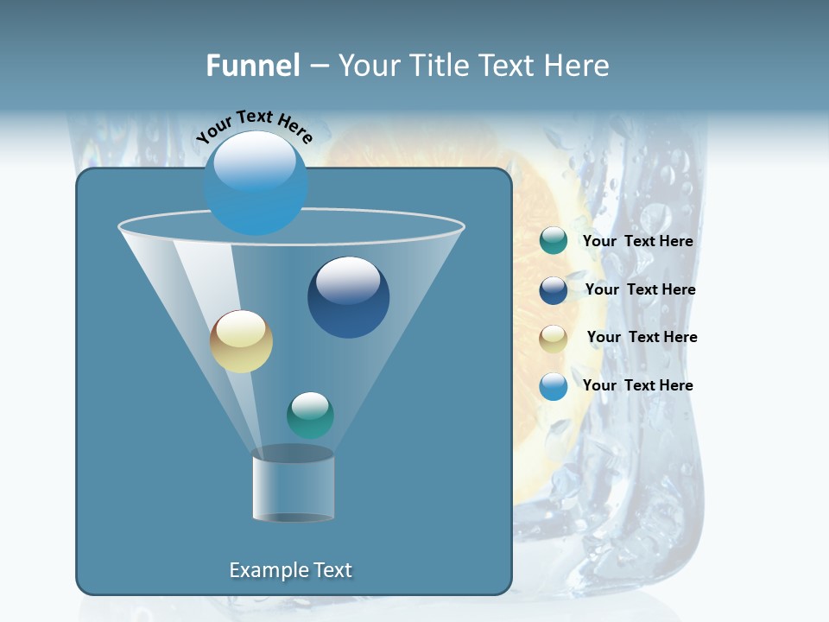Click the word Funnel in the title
click(x=252, y=66)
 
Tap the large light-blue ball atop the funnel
click(x=256, y=182)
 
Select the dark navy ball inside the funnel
click(x=348, y=297)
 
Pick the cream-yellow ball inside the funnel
click(x=241, y=341)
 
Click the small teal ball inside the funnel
click(x=310, y=415)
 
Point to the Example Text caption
click(x=290, y=570)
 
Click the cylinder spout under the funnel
click(x=293, y=486)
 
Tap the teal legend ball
click(x=553, y=241)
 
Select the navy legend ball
click(x=553, y=290)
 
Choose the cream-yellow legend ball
click(x=553, y=338)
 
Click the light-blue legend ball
click(x=553, y=386)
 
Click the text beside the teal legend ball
click(x=637, y=242)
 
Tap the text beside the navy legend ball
click(x=640, y=290)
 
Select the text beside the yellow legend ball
click(x=642, y=338)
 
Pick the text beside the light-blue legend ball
click(x=637, y=386)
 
